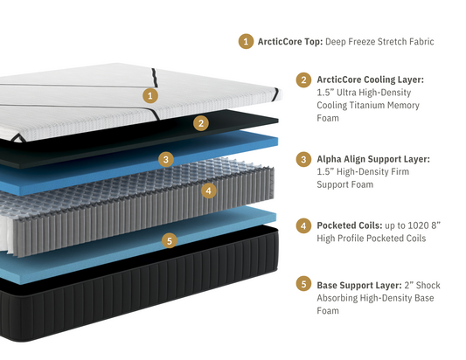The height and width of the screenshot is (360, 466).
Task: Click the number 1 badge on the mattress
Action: pyautogui.click(x=150, y=94)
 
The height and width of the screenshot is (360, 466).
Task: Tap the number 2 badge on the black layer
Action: pyautogui.click(x=201, y=123)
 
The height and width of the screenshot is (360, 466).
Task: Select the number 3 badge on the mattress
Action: pyautogui.click(x=165, y=159)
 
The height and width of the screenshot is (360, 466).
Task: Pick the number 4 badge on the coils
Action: pyautogui.click(x=208, y=190)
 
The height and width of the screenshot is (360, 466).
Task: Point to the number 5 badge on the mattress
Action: pyautogui.click(x=170, y=239)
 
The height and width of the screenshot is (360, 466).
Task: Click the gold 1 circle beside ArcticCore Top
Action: pyautogui.click(x=247, y=40)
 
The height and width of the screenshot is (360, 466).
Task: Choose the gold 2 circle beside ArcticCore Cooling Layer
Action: pyautogui.click(x=303, y=80)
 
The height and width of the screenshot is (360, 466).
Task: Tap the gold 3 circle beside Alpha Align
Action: pyautogui.click(x=303, y=159)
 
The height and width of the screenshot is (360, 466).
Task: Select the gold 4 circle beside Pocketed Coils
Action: pyautogui.click(x=303, y=225)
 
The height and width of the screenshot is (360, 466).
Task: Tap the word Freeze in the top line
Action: pyautogui.click(x=360, y=40)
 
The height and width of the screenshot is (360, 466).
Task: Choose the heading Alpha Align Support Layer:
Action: pyautogui.click(x=373, y=159)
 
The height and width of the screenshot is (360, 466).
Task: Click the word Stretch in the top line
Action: pyautogui.click(x=395, y=40)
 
